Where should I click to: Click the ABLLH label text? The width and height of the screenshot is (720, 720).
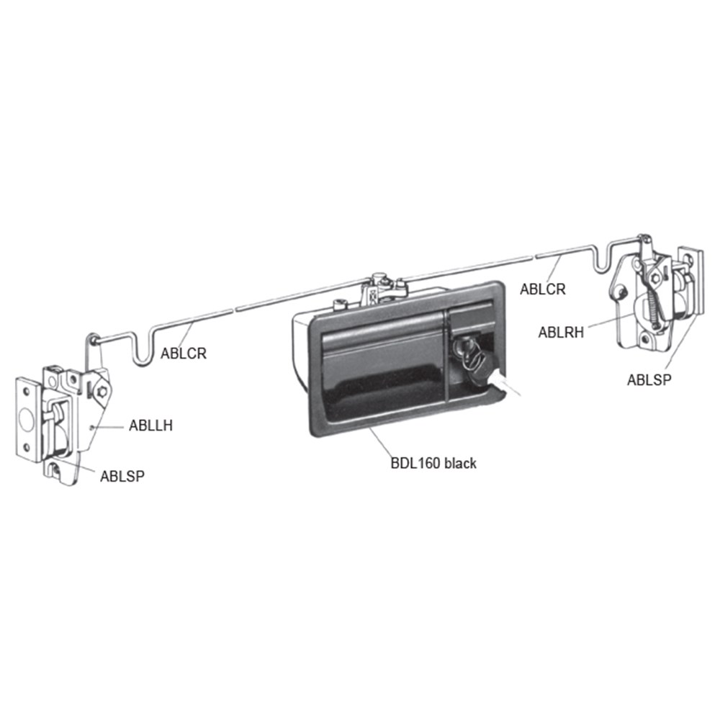coord(151,425)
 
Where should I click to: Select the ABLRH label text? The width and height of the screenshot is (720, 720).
coord(561,332)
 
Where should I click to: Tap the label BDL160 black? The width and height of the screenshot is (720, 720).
coord(433,464)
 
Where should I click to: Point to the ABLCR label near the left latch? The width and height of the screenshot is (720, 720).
coord(184,353)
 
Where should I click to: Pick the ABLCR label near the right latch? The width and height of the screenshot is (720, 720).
coord(543,289)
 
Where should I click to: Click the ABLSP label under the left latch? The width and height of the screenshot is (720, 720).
coord(122,475)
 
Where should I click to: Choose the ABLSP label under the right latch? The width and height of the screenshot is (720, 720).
coord(649,380)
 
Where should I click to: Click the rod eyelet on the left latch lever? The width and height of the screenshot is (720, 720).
coord(94,337)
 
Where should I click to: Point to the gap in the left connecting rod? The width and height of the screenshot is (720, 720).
coord(235,308)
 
